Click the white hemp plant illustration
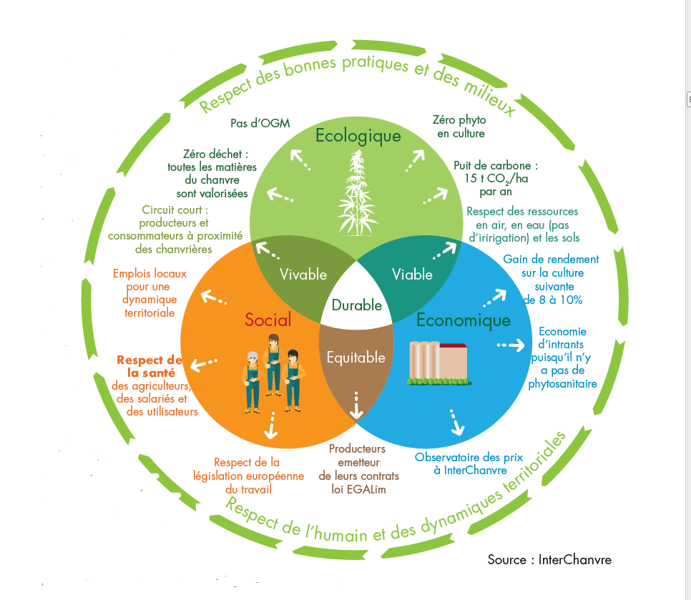coord(358,193)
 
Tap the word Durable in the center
coord(356,305)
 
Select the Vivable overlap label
coord(303,275)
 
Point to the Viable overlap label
coord(412,275)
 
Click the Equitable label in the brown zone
coord(356,358)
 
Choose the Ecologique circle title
coord(358,136)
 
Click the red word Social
coord(268,320)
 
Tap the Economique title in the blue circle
coord(463,320)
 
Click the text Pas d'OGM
coord(260,123)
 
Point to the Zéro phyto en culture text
coord(460,127)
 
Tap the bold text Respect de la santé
coord(150,367)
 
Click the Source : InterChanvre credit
coord(549,560)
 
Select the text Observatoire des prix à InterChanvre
coord(469,464)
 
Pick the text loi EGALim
coord(358,489)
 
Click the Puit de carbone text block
coord(496,178)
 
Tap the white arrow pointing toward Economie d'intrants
coord(511,345)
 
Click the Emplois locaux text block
coord(150,293)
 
